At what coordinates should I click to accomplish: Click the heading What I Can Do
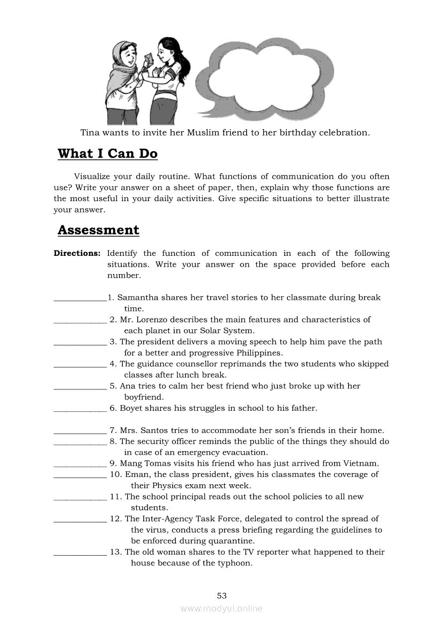point(108,154)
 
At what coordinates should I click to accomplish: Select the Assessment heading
point(98,230)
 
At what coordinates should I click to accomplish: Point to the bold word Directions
point(77,253)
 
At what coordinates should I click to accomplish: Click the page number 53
point(222,595)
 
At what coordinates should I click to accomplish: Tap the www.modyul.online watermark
point(222,608)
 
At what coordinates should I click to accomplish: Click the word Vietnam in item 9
point(361,463)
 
